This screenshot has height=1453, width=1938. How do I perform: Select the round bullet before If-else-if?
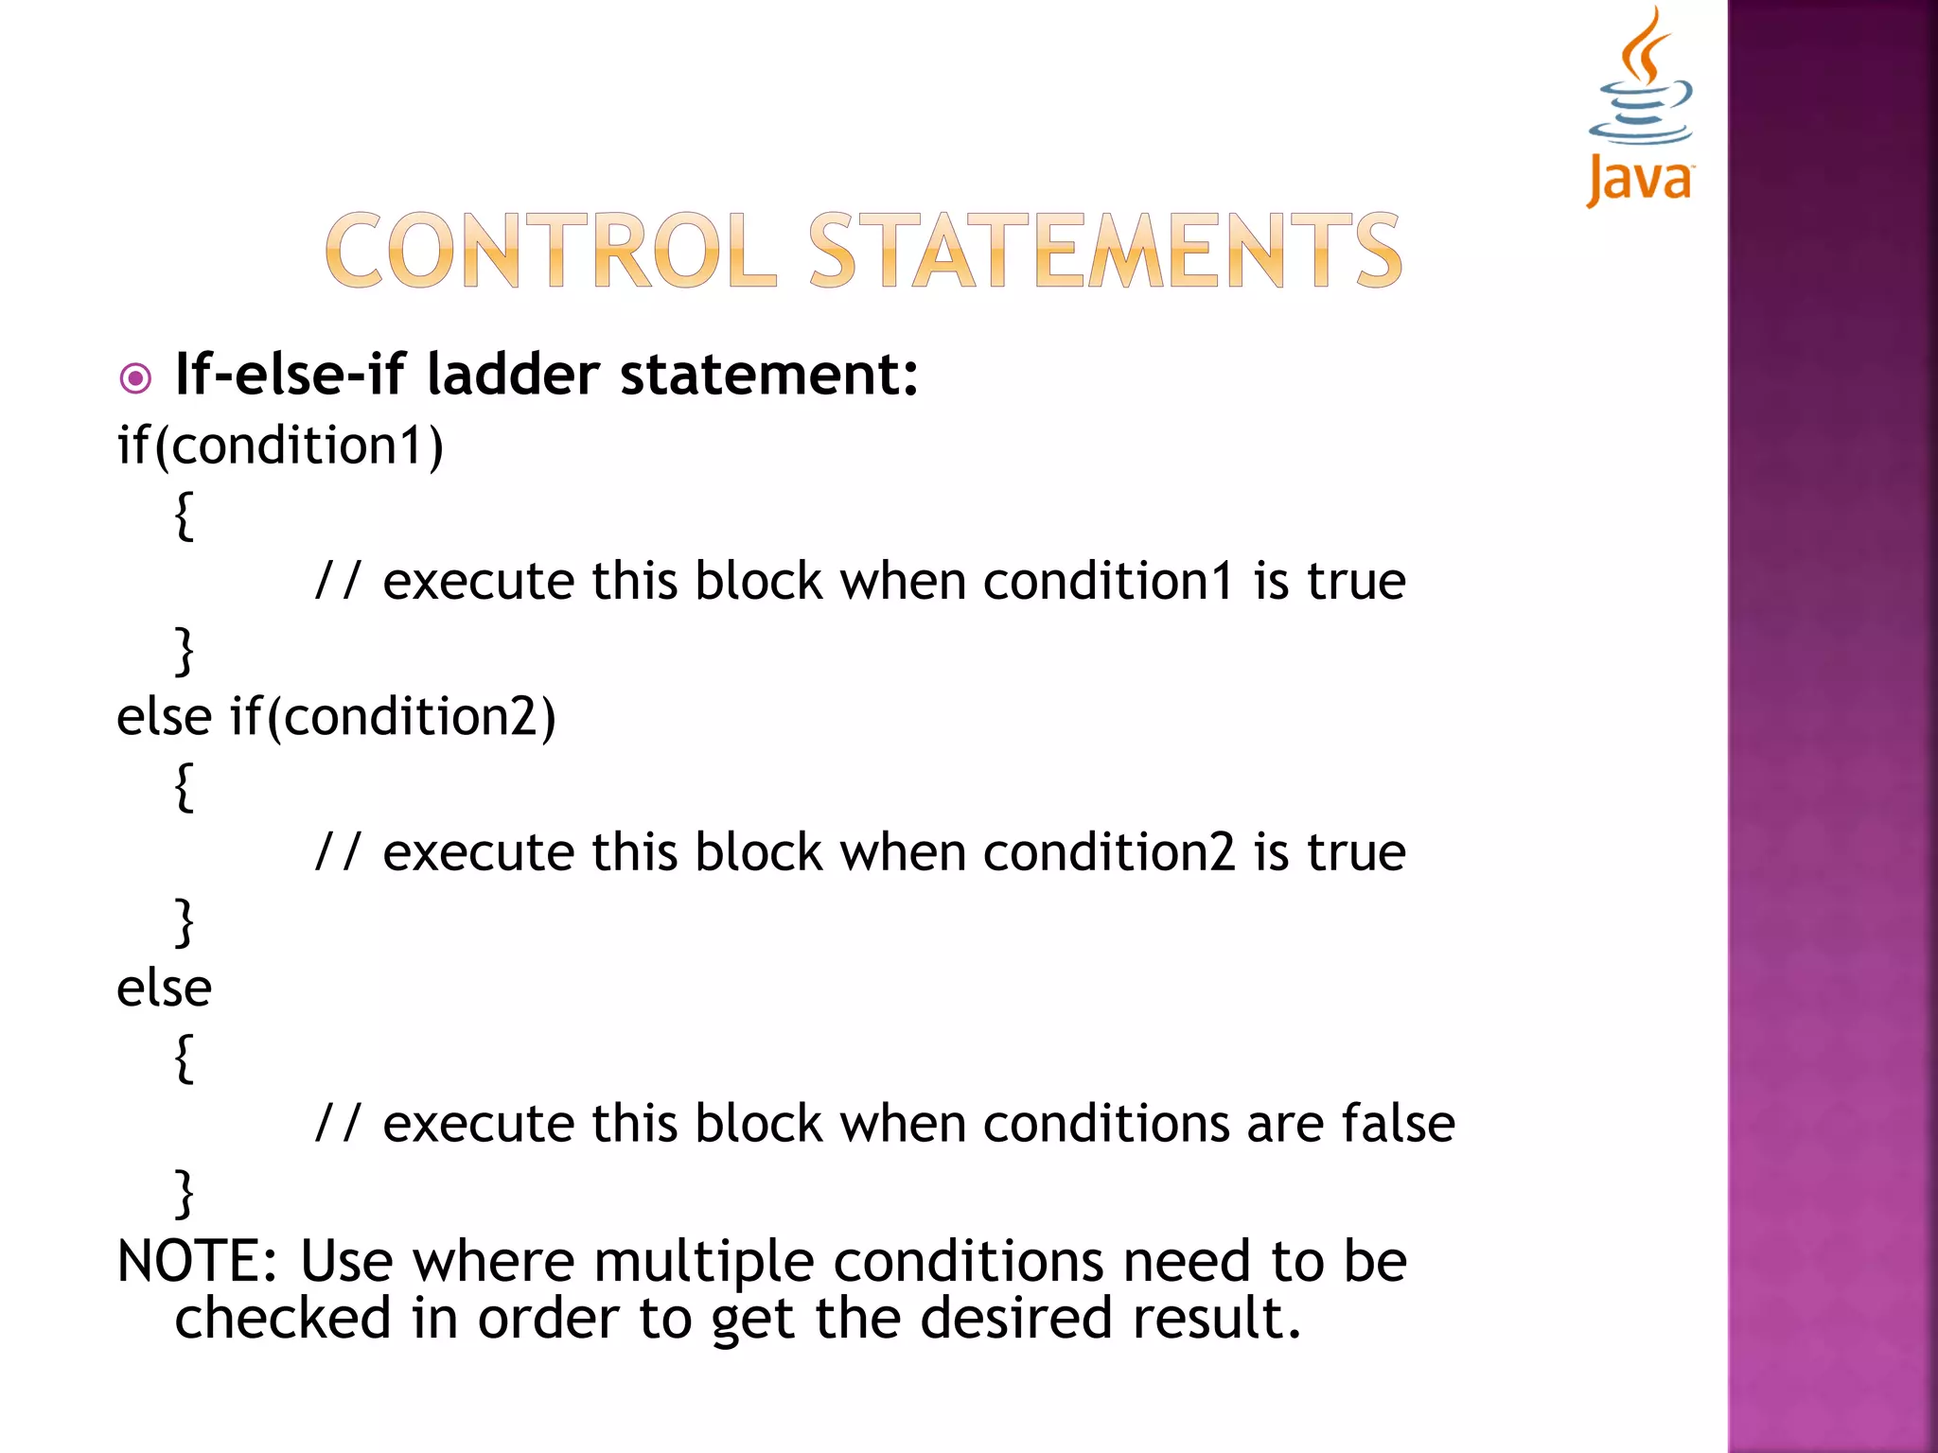(136, 379)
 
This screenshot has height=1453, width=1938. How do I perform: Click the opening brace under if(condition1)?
(185, 516)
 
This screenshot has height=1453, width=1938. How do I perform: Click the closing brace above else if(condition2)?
(185, 651)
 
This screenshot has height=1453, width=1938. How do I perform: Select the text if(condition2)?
(393, 716)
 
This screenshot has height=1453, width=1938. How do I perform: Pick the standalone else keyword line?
(164, 988)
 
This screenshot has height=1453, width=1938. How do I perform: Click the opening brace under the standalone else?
(185, 1059)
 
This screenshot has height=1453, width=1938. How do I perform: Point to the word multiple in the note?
(704, 1263)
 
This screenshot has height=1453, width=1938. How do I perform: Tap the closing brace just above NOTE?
(185, 1194)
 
